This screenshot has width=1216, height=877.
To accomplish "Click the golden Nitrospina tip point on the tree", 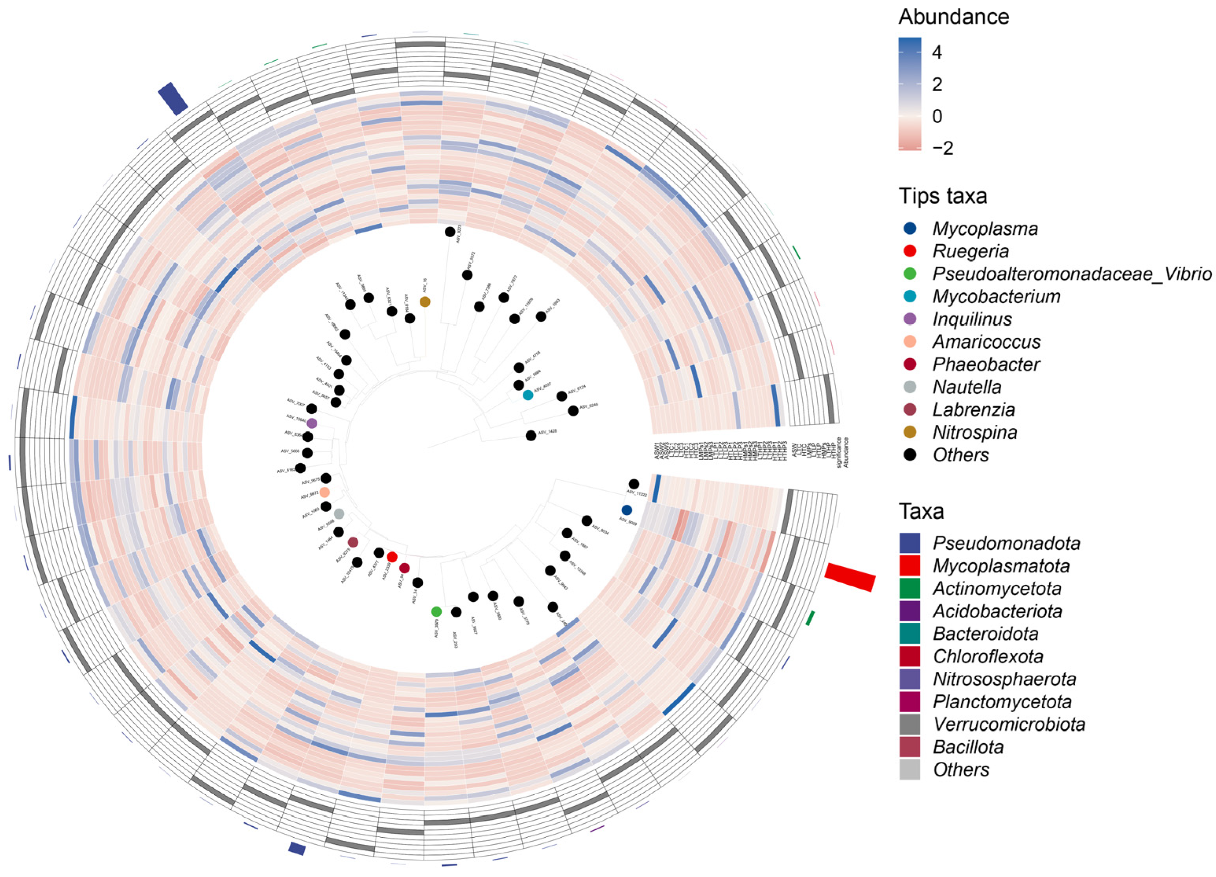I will point(425,302).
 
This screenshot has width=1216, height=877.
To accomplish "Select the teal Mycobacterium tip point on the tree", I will point(528,395).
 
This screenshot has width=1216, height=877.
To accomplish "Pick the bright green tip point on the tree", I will point(437,612).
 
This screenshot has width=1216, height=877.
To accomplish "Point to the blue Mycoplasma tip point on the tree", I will point(626,510).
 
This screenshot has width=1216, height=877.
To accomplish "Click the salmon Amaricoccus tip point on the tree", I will point(324,492).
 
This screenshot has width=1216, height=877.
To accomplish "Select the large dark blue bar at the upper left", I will point(173,99).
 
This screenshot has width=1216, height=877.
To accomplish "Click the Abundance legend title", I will point(954,17).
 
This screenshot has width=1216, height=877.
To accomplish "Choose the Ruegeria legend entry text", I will point(971,251).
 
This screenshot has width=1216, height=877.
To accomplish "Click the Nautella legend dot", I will point(910,387).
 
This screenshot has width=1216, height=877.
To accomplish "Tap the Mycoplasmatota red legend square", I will point(910,566).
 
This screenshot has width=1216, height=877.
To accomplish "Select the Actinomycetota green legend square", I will point(910,588).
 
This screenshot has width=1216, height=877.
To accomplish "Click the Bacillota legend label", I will point(968,747).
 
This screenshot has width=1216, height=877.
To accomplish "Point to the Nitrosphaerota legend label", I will point(1004,679).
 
